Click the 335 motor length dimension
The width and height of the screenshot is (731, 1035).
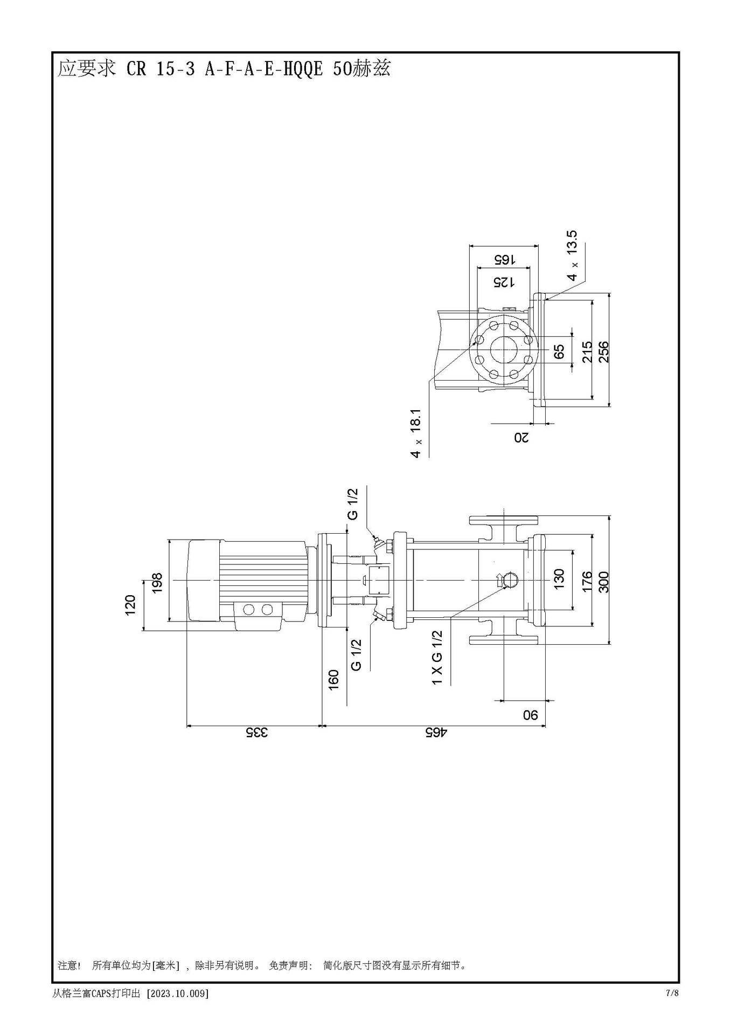257,733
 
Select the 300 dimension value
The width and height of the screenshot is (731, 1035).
604,582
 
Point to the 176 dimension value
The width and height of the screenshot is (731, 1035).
587,582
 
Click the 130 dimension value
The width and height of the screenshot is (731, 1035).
559,579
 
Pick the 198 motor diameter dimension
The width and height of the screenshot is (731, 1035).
157,583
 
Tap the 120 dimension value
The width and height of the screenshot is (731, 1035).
130,605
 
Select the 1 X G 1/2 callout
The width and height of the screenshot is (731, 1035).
437,658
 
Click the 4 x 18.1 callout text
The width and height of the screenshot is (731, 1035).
415,433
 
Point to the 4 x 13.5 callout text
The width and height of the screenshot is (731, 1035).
572,256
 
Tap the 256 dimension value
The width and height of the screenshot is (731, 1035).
604,351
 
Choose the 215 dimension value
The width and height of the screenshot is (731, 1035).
587,351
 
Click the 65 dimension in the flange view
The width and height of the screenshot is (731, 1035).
559,351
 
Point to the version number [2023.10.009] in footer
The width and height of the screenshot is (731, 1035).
177,993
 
